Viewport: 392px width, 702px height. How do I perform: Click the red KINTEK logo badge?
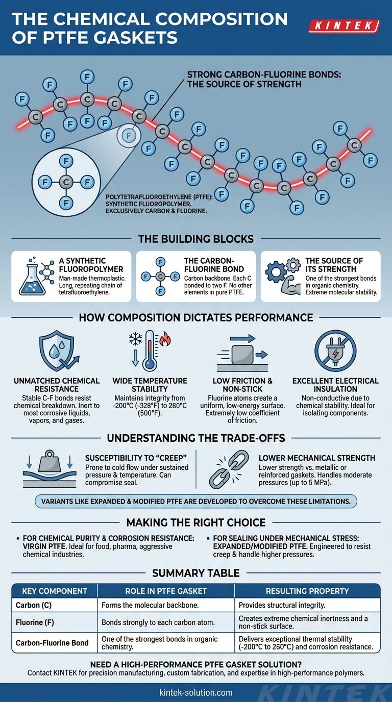345,26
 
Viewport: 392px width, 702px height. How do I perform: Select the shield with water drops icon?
56,350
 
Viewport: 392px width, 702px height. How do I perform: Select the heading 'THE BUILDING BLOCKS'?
195,239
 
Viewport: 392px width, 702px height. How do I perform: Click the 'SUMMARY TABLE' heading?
195,573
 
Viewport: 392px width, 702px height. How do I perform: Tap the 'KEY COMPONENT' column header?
55,591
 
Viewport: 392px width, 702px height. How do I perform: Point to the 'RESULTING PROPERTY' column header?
307,591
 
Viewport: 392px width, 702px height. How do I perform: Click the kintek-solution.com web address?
195,692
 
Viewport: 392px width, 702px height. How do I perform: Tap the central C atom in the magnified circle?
65,181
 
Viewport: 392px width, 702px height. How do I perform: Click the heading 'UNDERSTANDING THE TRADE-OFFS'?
195,438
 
